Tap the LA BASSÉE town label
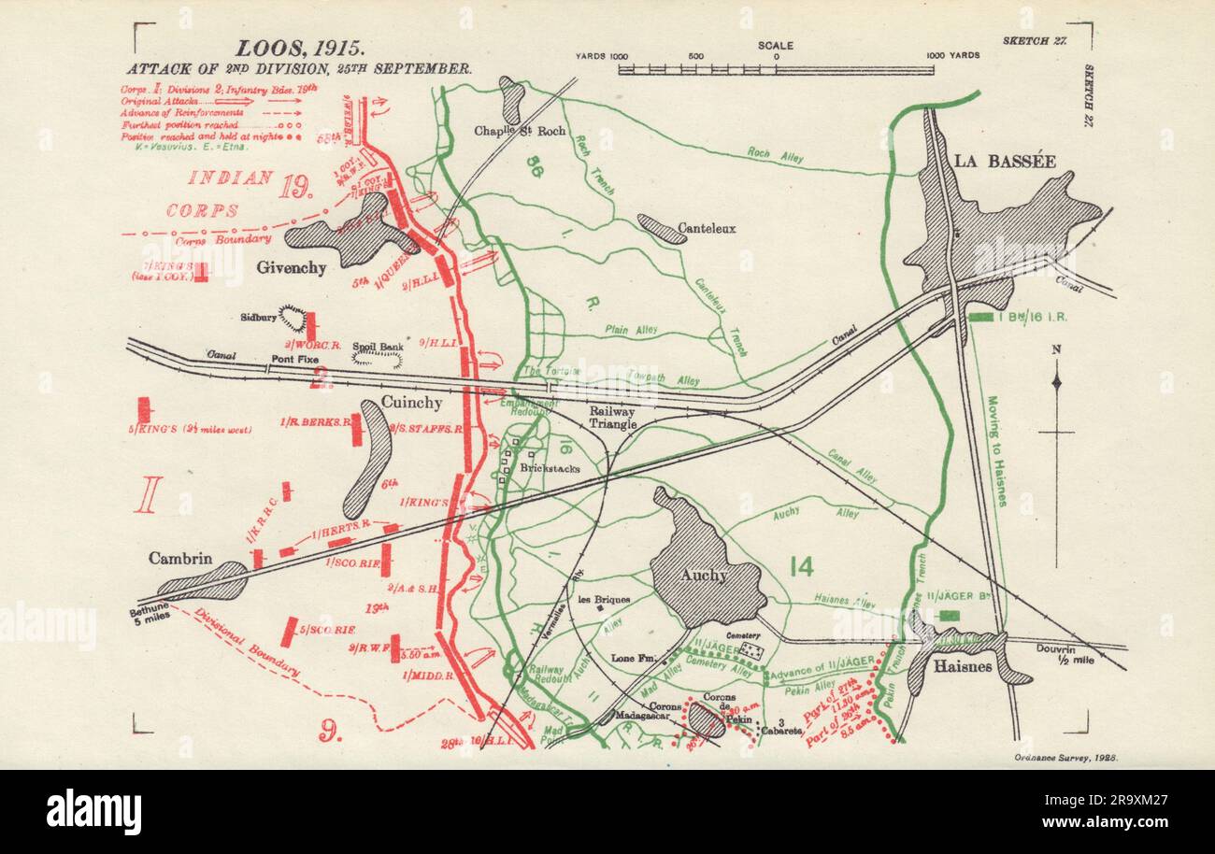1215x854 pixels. [x=1005, y=161]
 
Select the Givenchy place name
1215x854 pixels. [x=292, y=268]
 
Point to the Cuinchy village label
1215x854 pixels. [x=412, y=402]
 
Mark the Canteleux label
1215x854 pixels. [x=706, y=227]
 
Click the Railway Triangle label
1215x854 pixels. [x=611, y=418]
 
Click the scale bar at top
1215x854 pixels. [x=776, y=69]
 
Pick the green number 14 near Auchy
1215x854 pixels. [x=801, y=566]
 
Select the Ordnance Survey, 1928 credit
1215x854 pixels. [x=1065, y=756]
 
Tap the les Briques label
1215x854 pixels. [x=605, y=599]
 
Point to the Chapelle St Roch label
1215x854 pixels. [x=533, y=131]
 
